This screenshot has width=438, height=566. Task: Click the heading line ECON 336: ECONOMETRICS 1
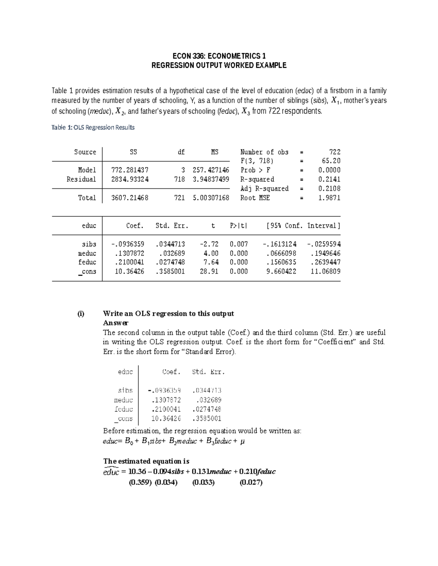pyautogui.click(x=219, y=56)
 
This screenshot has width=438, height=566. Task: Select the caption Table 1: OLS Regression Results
pyautogui.click(x=93, y=127)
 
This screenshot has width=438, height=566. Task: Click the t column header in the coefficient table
pyautogui.click(x=213, y=226)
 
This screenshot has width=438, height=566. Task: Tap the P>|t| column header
pyautogui.click(x=238, y=226)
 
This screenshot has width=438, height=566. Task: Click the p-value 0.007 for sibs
pyautogui.click(x=239, y=244)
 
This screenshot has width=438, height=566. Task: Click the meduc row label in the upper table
pyautogui.click(x=87, y=253)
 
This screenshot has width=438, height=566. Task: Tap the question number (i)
pyautogui.click(x=80, y=314)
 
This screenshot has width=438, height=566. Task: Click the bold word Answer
pyautogui.click(x=116, y=323)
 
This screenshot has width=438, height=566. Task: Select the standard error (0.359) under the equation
pyautogui.click(x=140, y=483)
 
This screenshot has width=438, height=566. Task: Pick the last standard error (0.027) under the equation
pyautogui.click(x=251, y=483)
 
